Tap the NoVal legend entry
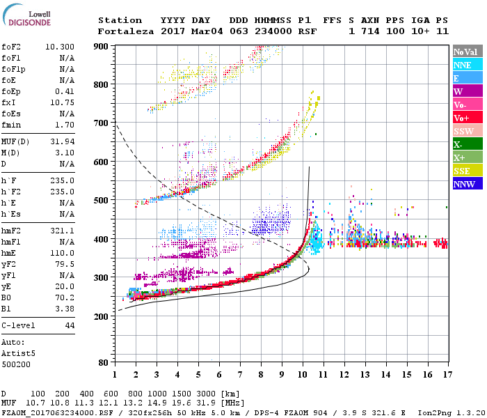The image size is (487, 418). [467, 52]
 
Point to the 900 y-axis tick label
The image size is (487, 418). [102, 46]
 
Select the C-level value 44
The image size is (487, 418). [70, 325]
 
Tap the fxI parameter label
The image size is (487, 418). [10, 104]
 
